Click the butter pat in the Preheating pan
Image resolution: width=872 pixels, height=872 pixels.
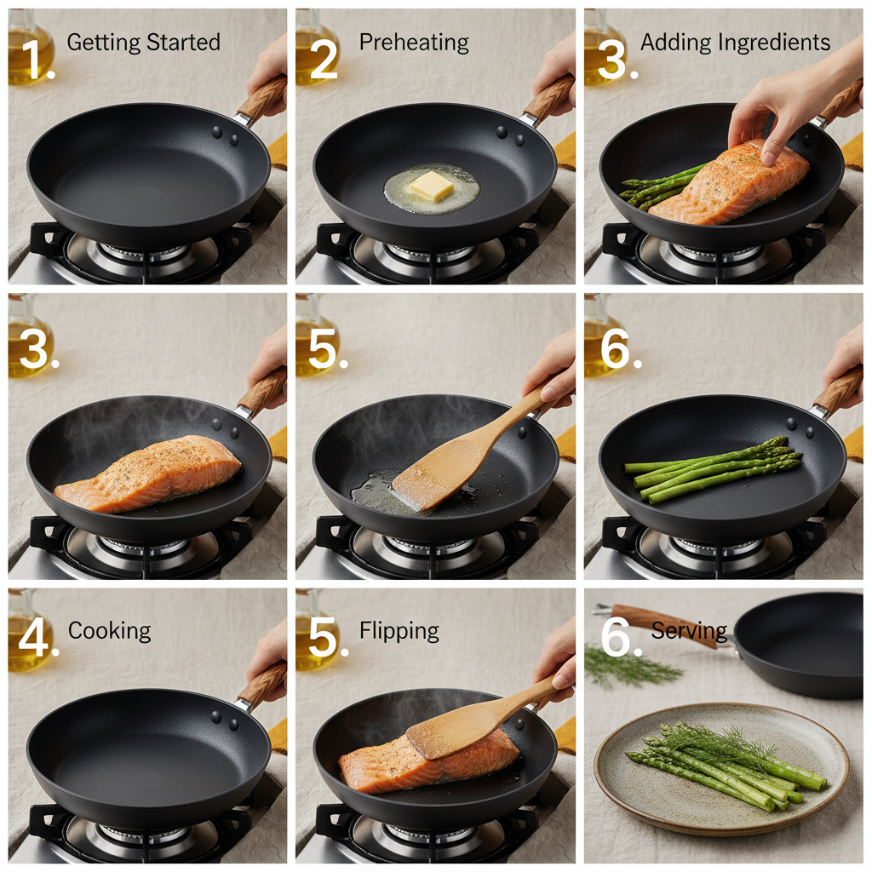pos(432,186)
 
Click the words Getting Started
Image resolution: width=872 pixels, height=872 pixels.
pos(143,43)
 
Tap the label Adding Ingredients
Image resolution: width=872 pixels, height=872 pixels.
pos(735,43)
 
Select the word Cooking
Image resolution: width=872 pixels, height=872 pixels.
pos(109,631)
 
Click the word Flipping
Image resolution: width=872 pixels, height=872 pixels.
pos(399,631)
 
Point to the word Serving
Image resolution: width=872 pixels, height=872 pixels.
pos(689,631)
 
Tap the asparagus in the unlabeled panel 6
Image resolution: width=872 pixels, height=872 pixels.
pos(715,468)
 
